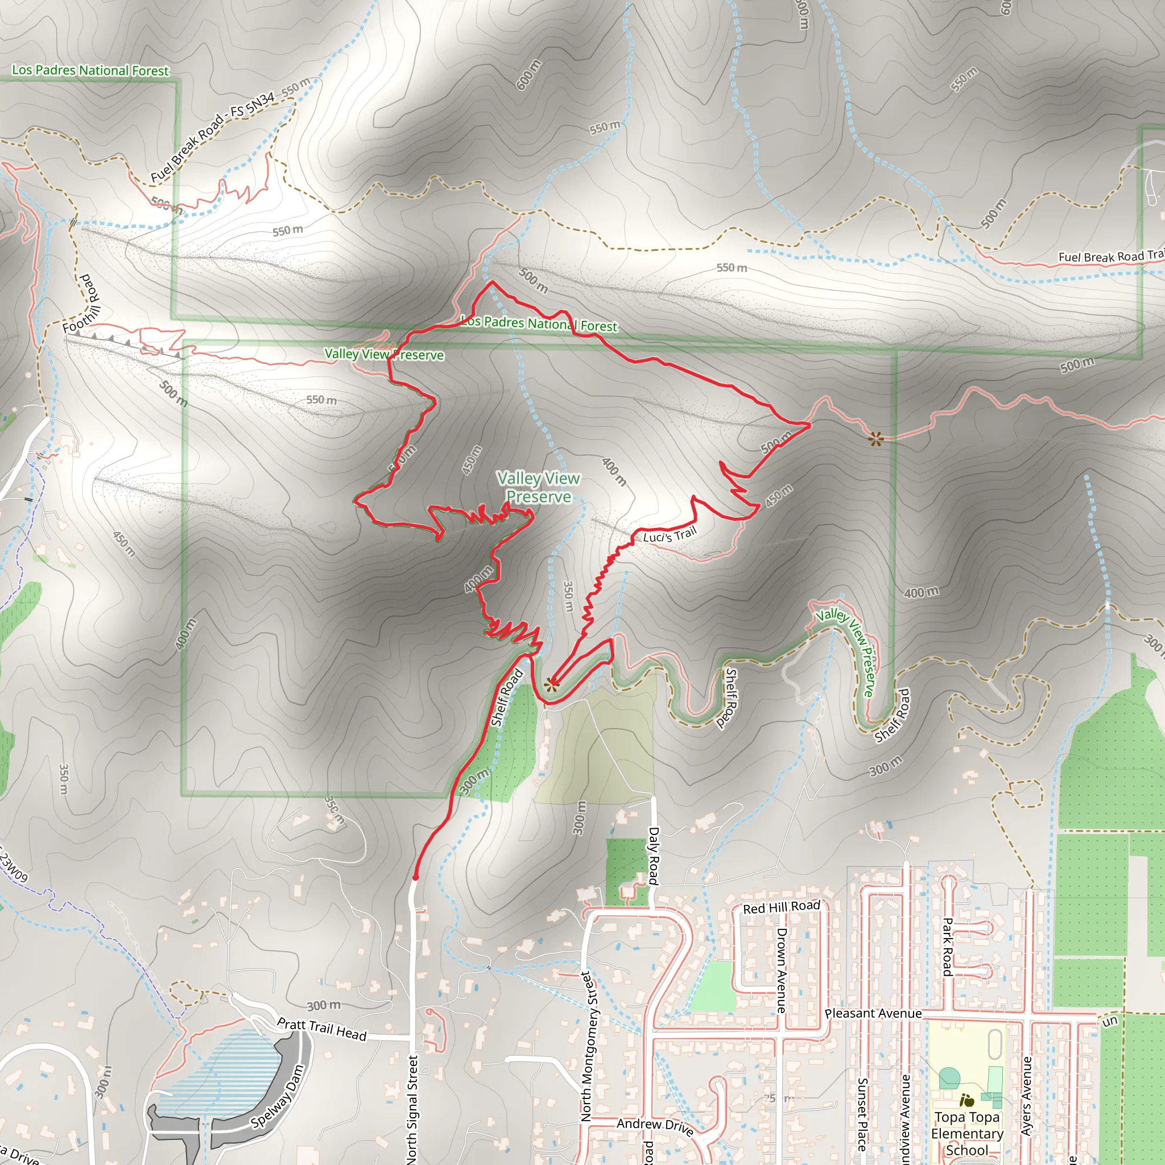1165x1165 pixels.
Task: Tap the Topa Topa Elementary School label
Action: point(967,1133)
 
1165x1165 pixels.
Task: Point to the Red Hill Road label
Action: point(782,907)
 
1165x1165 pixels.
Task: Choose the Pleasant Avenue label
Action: point(873,1014)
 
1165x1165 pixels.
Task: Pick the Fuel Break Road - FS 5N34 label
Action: point(212,137)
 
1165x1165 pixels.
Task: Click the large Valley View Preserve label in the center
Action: point(538,488)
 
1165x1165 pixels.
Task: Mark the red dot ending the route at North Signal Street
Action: point(415,877)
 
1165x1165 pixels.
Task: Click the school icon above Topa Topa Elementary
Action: point(966,1101)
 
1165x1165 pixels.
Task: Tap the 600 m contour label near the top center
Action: point(528,76)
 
